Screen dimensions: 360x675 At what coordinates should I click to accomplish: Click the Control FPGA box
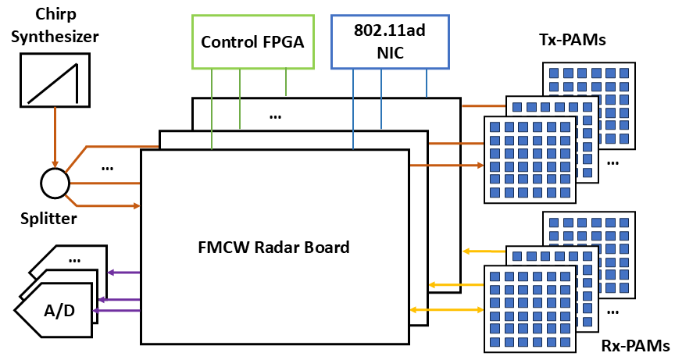253,41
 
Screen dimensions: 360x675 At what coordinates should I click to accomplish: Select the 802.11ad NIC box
390,41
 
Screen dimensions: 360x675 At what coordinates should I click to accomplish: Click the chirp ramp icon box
55,80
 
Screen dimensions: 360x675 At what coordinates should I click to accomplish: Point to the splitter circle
55,184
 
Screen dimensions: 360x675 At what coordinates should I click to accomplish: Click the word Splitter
48,219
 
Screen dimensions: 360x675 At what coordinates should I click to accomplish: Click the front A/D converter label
59,311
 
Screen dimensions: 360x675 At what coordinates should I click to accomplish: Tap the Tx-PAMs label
573,39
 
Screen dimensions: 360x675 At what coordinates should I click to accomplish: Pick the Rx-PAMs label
634,345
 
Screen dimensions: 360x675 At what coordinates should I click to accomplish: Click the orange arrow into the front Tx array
445,166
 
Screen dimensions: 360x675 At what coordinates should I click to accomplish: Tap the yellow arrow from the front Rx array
445,310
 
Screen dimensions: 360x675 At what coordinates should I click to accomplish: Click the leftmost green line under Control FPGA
212,109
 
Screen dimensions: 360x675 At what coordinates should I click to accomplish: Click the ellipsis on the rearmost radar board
275,116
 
